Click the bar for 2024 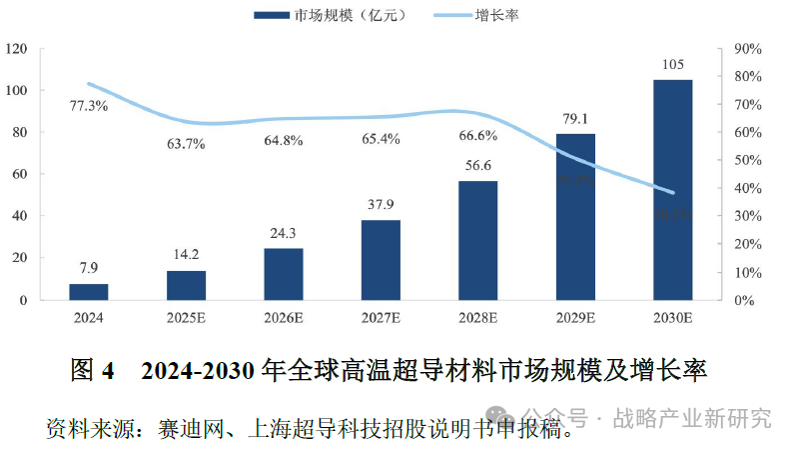point(88,291)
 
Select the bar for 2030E point(672,190)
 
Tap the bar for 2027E point(381,260)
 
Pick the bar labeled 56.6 point(477,240)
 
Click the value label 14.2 point(186,253)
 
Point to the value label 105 point(672,65)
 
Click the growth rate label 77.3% point(89,105)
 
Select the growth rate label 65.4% point(381,139)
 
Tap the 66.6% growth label point(477,135)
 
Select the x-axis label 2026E point(284,318)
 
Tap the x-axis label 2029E point(575,318)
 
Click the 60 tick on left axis point(19,174)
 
